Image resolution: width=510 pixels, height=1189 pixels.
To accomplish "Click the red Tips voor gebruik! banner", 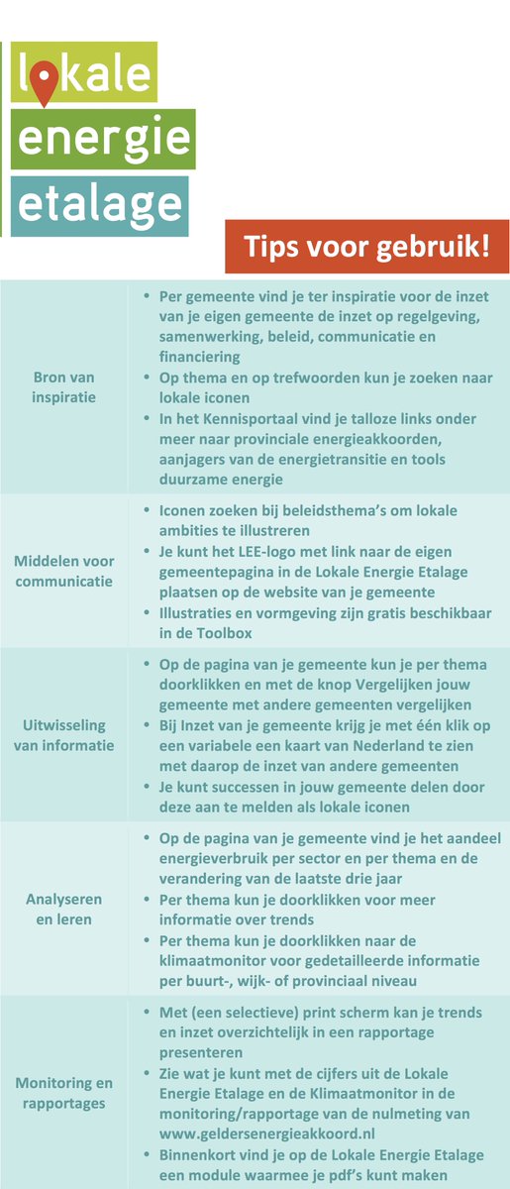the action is pyautogui.click(x=366, y=246).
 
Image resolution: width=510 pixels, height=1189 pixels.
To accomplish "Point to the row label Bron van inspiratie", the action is pyautogui.click(x=64, y=387).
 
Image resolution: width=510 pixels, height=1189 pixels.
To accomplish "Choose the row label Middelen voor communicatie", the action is pyautogui.click(x=64, y=571).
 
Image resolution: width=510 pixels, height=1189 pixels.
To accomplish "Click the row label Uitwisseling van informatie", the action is pyautogui.click(x=64, y=735).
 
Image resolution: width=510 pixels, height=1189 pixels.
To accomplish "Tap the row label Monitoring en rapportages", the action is pyautogui.click(x=64, y=1093).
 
